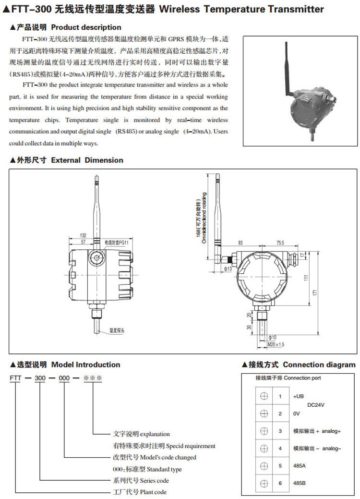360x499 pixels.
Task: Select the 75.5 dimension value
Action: [280, 243]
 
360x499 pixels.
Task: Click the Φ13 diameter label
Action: [228, 268]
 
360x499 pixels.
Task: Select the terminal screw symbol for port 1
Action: [264, 396]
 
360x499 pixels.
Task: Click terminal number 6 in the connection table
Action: [280, 483]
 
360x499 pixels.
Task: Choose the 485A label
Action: [300, 465]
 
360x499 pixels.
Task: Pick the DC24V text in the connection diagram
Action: [316, 405]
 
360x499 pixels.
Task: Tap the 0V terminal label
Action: [296, 414]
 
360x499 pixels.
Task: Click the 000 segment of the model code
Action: [65, 378]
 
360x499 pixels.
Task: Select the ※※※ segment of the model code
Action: [93, 378]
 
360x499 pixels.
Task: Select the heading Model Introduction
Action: [85, 365]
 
